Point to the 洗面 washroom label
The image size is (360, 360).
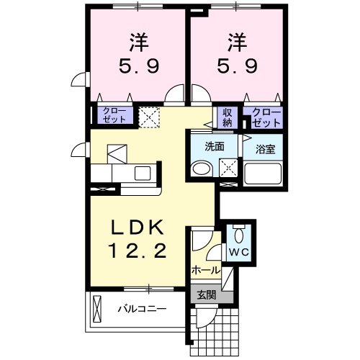coord(215,146)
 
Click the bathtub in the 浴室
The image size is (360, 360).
coord(263,174)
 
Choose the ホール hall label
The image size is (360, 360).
coord(205,271)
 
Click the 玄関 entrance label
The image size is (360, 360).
coord(206,294)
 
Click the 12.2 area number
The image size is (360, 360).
coord(139,251)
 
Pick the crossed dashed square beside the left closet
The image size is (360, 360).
coord(150,116)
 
